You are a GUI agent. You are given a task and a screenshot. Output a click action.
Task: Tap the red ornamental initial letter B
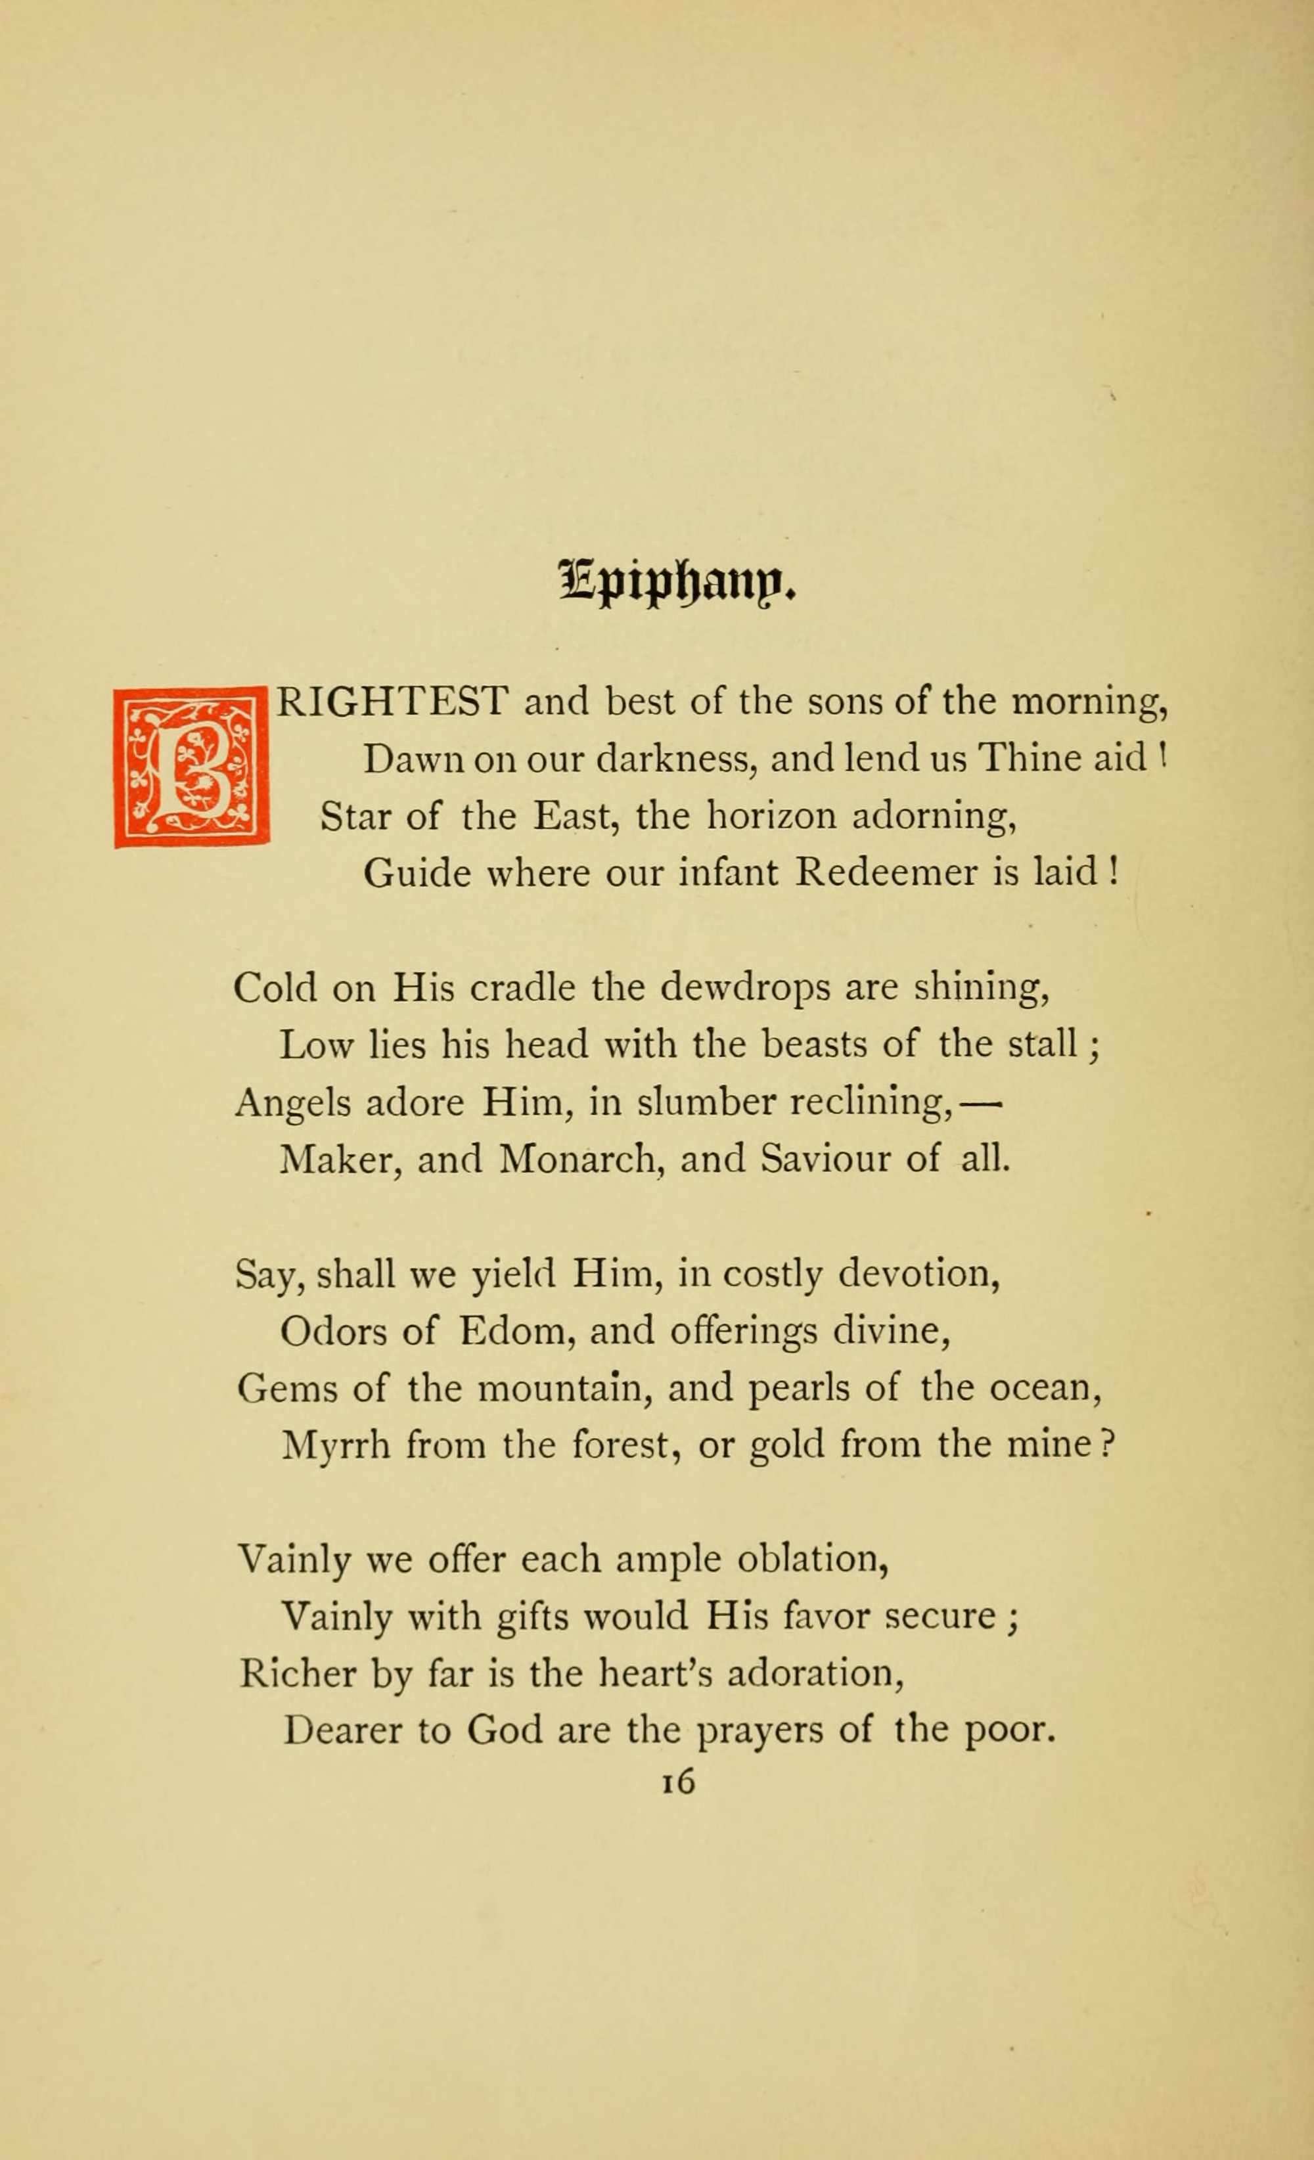pos(192,768)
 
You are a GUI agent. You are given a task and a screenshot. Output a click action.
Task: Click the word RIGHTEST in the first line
pos(392,702)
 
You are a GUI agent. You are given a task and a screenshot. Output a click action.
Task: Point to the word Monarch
pos(579,1159)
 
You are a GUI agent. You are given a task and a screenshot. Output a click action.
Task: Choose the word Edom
pos(516,1331)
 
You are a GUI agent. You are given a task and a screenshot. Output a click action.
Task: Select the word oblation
pos(813,1560)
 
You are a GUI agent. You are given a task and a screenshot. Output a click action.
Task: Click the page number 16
pos(679,1782)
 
